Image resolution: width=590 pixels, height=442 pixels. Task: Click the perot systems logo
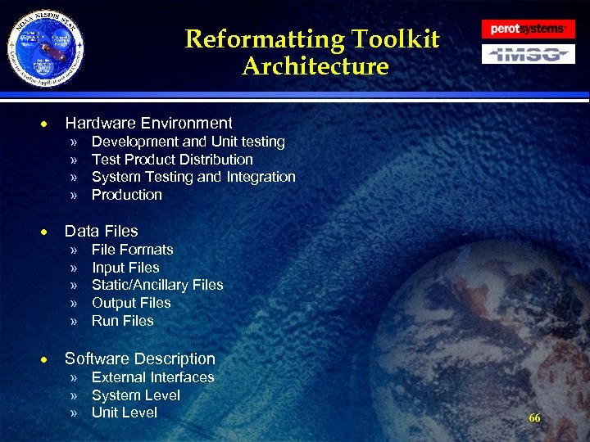click(x=528, y=29)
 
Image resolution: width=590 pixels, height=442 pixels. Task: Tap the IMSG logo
click(x=528, y=55)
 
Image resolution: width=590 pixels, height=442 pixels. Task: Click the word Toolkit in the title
click(x=396, y=39)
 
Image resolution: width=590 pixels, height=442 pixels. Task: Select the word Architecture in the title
click(x=315, y=66)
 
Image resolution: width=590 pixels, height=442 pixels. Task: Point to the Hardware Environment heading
click(x=148, y=124)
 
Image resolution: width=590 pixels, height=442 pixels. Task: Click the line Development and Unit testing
click(x=188, y=142)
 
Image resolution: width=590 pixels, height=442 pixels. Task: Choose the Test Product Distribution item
click(x=172, y=160)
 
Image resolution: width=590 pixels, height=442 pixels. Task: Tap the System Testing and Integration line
click(x=193, y=177)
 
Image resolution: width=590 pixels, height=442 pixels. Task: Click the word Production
click(x=127, y=195)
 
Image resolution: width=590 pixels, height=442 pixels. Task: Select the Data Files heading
click(x=102, y=231)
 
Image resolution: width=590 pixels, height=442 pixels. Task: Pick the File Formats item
click(x=133, y=250)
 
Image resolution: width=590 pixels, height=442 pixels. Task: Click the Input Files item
click(x=125, y=268)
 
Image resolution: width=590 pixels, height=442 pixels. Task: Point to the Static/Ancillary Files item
click(x=157, y=285)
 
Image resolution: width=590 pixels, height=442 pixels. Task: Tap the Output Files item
click(x=131, y=303)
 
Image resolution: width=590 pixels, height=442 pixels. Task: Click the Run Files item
click(x=123, y=321)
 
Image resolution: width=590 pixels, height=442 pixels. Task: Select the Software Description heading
click(x=140, y=359)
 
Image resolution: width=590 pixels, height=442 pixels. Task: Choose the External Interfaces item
click(x=153, y=377)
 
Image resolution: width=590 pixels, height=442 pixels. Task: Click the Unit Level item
click(x=125, y=413)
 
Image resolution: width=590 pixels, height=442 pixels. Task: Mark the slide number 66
click(x=534, y=418)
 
